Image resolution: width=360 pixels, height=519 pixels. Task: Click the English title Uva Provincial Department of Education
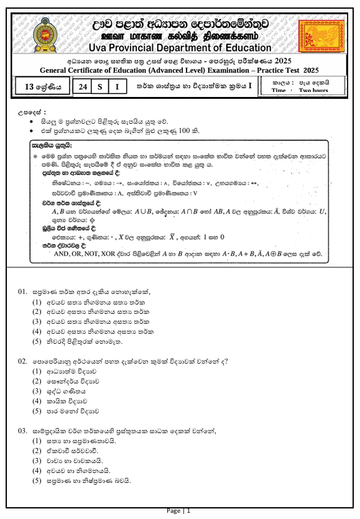(x=180, y=48)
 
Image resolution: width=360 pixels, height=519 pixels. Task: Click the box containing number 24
(x=81, y=88)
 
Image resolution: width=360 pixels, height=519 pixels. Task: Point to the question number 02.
(x=22, y=361)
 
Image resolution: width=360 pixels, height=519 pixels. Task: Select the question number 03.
(x=22, y=431)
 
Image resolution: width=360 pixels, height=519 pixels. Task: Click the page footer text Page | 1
(x=179, y=511)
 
